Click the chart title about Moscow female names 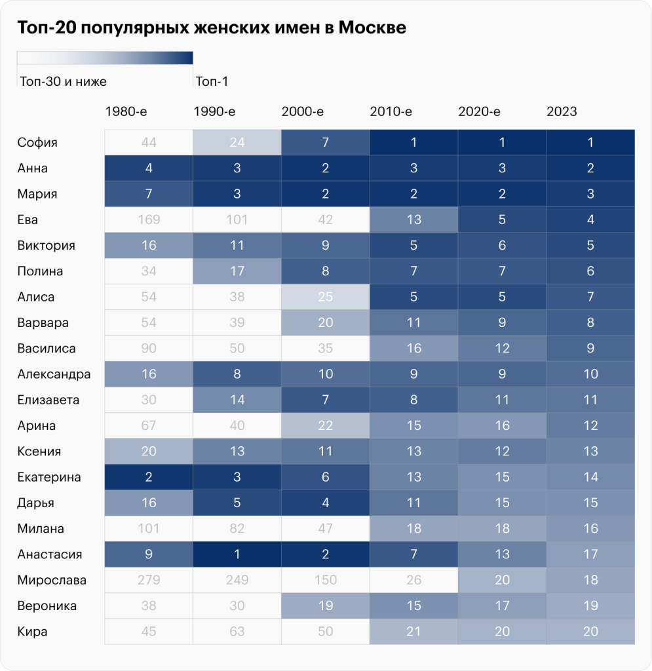[x=212, y=28]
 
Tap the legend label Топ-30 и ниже [x=63, y=82]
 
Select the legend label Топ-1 [x=212, y=82]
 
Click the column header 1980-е [x=126, y=111]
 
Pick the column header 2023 [x=562, y=111]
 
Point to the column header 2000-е [x=302, y=111]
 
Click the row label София [x=38, y=143]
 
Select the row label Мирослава [x=52, y=581]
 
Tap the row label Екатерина [x=49, y=477]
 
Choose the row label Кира [x=32, y=632]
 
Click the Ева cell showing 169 [x=149, y=220]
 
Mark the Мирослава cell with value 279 [x=149, y=581]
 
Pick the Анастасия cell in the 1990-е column [x=237, y=554]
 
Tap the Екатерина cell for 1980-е [x=149, y=477]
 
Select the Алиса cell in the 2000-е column [x=326, y=297]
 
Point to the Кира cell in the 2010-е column [x=413, y=632]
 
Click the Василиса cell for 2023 [x=590, y=349]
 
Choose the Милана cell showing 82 [x=237, y=529]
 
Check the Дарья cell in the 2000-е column [x=326, y=503]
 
